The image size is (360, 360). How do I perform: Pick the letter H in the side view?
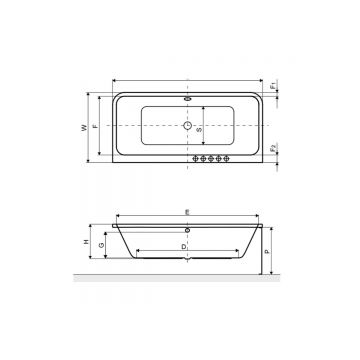[x=87, y=243]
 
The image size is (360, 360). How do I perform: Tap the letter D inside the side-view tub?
[x=184, y=244]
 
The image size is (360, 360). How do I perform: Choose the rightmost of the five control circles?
[x=227, y=157]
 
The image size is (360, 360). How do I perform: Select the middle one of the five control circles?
[x=210, y=157]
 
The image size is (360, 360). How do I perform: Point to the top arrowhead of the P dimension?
[x=270, y=227]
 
